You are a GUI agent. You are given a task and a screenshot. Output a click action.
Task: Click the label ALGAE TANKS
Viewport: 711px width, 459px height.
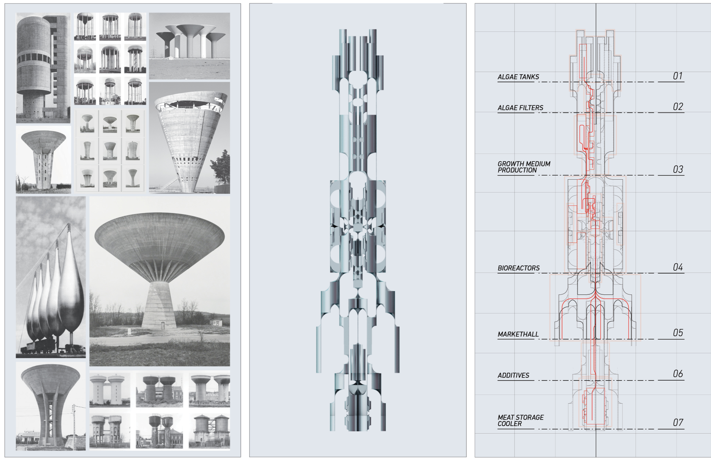pos(518,77)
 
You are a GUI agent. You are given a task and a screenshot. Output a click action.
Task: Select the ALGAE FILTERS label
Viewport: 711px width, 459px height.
pos(520,108)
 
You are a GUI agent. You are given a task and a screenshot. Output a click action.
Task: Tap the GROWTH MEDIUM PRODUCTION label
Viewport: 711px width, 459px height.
pos(523,167)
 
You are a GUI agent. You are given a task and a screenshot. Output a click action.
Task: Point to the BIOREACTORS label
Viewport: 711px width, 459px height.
pos(518,268)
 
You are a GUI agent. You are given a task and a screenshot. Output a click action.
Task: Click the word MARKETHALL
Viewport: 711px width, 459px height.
pos(518,334)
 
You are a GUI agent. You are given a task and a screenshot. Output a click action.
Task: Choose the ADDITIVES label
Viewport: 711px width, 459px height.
pos(513,376)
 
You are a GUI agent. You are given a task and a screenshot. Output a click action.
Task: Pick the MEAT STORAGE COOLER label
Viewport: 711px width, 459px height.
pos(520,421)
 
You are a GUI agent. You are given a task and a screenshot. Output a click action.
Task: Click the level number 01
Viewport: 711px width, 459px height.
pos(678,76)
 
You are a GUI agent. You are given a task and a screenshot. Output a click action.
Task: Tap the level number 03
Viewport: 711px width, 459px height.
pos(678,169)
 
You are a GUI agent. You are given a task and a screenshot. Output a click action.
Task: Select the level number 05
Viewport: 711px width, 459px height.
pos(678,333)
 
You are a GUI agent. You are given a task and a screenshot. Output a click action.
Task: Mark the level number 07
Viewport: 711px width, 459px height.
pos(678,423)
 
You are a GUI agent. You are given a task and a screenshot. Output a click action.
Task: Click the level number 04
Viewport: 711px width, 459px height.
pos(678,268)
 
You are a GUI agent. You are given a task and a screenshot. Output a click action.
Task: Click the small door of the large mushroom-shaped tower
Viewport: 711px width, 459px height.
pos(163,325)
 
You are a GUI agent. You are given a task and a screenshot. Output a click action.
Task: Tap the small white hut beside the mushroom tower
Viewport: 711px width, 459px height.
pos(216,323)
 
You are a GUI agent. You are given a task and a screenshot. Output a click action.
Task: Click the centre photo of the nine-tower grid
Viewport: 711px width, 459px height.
pos(110,59)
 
